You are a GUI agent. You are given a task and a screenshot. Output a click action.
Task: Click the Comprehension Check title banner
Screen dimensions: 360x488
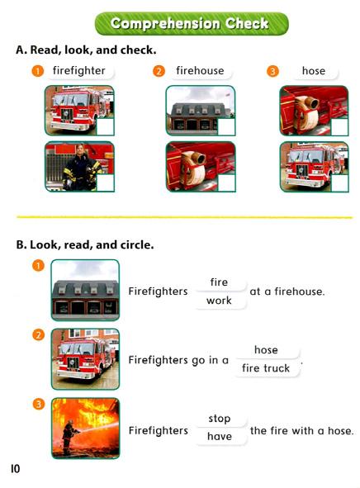click(192, 24)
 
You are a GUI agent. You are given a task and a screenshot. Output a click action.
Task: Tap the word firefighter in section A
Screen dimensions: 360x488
click(79, 71)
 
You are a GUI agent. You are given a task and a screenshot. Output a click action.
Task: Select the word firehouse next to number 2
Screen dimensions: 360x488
click(200, 71)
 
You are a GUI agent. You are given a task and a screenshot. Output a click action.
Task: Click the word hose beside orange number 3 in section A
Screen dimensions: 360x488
click(314, 71)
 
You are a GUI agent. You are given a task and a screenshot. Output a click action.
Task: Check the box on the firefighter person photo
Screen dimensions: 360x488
click(106, 182)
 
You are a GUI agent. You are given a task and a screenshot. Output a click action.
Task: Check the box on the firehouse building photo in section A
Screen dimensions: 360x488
click(226, 126)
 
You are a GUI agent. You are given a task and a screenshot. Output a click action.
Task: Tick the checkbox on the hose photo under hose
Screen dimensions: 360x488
click(340, 126)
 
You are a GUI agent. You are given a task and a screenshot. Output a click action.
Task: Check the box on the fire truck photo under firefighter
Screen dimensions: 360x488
click(106, 126)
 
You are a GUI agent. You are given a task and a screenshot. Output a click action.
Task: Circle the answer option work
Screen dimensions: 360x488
click(219, 301)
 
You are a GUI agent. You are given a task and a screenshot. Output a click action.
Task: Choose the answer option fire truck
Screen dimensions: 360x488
click(266, 368)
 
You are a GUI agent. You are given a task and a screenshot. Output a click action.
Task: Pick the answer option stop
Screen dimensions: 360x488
click(220, 419)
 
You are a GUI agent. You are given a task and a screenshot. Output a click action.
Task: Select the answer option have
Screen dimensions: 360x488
click(220, 436)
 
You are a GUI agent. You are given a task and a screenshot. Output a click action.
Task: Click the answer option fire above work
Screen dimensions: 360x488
click(219, 282)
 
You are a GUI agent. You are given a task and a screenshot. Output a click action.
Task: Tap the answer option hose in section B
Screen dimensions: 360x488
click(266, 350)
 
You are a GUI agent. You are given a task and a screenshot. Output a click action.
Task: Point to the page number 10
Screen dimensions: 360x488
click(15, 468)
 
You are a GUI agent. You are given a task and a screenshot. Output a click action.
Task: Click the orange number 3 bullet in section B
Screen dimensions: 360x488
click(39, 405)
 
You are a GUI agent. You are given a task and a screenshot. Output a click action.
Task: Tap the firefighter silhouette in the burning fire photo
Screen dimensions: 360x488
click(69, 436)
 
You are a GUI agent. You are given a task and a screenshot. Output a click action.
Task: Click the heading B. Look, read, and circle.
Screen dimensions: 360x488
click(85, 245)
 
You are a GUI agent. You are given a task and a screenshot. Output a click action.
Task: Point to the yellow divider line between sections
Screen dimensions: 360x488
click(184, 217)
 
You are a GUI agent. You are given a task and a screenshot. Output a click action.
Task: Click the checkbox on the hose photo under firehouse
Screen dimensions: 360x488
click(226, 182)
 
